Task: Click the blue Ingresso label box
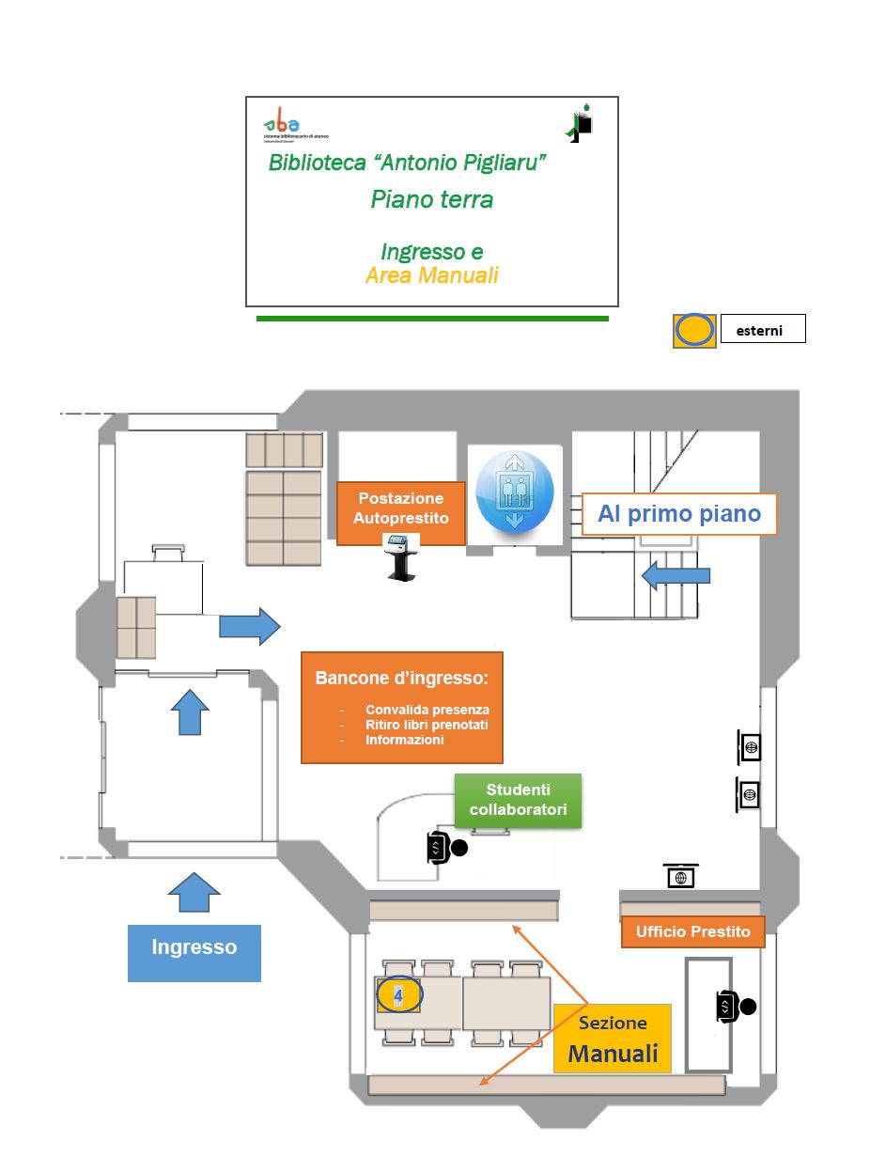(x=194, y=947)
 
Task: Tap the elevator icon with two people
(x=514, y=495)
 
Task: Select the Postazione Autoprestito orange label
(x=401, y=508)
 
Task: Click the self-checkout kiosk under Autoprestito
(x=401, y=556)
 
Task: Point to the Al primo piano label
(x=677, y=514)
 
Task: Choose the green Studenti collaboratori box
(x=518, y=801)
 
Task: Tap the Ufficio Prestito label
(x=693, y=931)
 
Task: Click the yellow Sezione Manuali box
(x=613, y=1039)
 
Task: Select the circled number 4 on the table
(x=399, y=994)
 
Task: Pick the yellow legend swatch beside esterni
(x=695, y=330)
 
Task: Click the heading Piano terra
(x=431, y=199)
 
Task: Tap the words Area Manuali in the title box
(x=431, y=275)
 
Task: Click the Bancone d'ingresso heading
(x=402, y=678)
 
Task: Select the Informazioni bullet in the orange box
(x=404, y=741)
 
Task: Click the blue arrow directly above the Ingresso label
(x=194, y=891)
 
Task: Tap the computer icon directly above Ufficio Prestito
(x=681, y=875)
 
